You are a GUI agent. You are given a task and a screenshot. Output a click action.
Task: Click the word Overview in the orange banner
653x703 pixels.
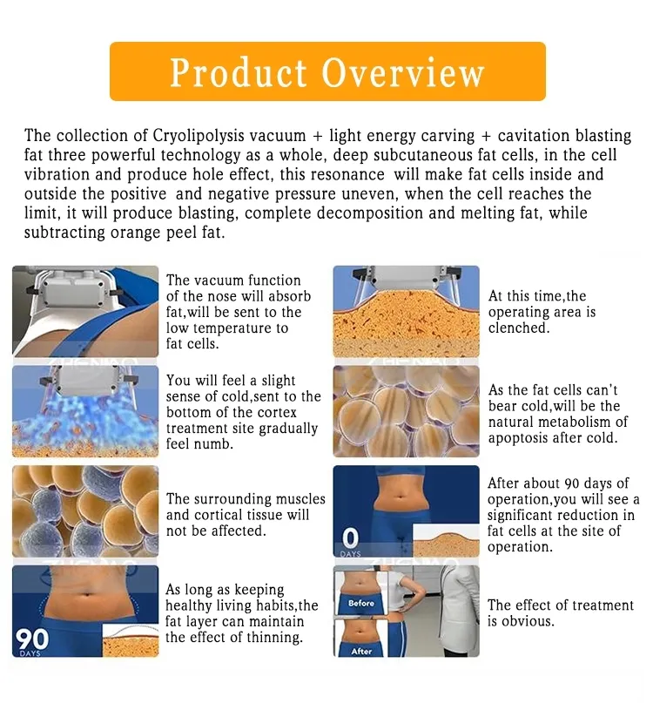click(x=403, y=72)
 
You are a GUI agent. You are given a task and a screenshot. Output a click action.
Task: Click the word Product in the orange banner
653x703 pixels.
click(x=238, y=72)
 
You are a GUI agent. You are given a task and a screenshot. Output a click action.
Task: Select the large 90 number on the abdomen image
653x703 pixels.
click(x=32, y=639)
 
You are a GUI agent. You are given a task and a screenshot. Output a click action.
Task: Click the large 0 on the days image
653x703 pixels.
click(x=350, y=538)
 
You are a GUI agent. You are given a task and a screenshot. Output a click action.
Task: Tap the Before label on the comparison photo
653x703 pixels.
click(x=360, y=604)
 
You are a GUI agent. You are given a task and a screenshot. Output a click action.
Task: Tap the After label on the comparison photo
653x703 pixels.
click(x=361, y=651)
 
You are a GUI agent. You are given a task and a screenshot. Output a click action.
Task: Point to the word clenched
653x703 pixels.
click(x=519, y=328)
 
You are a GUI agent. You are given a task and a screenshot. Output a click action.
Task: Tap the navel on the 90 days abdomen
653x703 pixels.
click(x=89, y=598)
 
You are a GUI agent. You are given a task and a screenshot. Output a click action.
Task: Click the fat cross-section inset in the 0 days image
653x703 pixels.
click(x=446, y=541)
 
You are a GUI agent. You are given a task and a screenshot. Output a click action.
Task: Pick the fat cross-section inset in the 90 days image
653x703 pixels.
click(x=131, y=640)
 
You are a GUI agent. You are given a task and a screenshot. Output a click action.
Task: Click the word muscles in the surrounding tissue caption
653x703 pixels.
click(x=300, y=499)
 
